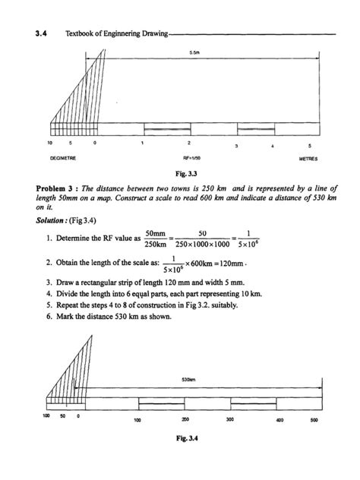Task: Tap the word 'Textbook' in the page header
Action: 81,33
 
